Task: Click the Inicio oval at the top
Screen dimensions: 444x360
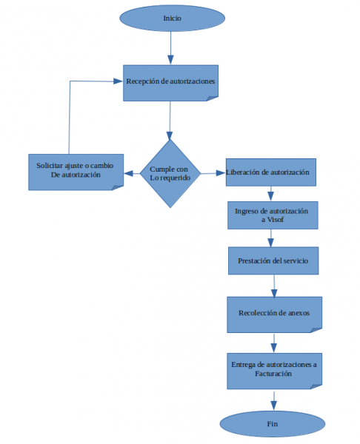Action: click(171, 17)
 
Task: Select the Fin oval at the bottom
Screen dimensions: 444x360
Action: click(272, 423)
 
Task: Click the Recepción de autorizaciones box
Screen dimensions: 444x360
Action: click(171, 81)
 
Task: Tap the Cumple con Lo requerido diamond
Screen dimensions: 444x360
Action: click(170, 173)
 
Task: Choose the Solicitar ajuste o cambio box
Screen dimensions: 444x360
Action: click(75, 171)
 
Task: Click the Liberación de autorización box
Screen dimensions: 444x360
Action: click(270, 172)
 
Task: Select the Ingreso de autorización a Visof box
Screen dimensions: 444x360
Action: click(273, 215)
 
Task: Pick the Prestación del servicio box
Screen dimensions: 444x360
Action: click(273, 261)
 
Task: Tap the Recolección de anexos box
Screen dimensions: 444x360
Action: click(273, 313)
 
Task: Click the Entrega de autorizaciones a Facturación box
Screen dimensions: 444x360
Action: click(273, 369)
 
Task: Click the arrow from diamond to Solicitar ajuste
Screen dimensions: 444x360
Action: click(131, 173)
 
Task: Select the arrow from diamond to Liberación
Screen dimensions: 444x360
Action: click(212, 173)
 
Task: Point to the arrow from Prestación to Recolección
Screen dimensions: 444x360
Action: click(274, 285)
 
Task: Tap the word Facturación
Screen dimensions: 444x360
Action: click(273, 374)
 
